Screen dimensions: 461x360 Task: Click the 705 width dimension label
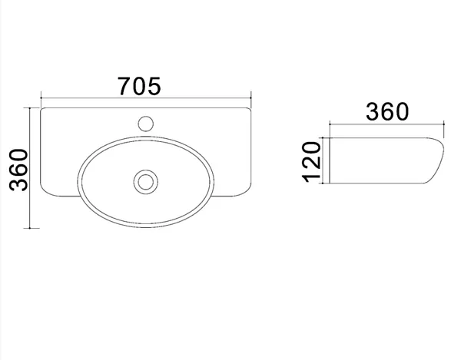[x=139, y=86]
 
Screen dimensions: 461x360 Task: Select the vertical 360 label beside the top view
[x=18, y=170]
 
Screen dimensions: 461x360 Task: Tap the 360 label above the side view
[x=387, y=111]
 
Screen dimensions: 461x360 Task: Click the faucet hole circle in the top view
[x=145, y=124]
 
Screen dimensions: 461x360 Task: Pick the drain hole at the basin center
[x=145, y=182]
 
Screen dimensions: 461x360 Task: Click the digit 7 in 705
[x=124, y=86]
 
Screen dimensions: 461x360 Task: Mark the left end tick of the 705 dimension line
[x=41, y=97]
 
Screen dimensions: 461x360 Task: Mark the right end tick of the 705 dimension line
[x=250, y=97]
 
